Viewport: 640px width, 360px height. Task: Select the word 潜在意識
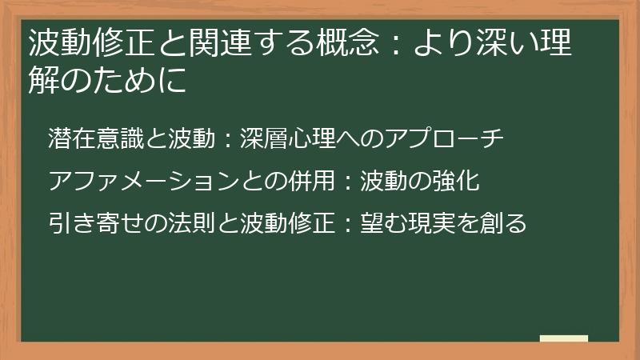pyautogui.click(x=94, y=138)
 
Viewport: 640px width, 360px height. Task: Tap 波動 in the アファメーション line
pyautogui.click(x=382, y=181)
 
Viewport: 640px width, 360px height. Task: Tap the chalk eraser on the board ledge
pyautogui.click(x=564, y=338)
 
